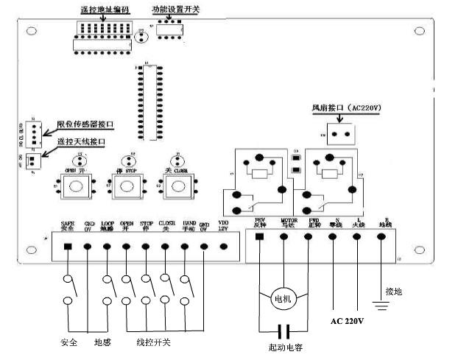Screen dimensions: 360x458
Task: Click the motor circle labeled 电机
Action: [x=283, y=300]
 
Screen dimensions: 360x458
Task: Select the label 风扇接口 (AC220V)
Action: [x=345, y=108]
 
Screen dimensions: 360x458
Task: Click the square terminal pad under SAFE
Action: [x=68, y=246]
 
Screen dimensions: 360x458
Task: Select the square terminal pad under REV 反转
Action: [x=259, y=236]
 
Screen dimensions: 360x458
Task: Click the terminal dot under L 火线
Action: [x=357, y=236]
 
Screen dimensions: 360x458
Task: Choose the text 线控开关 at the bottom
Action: [x=153, y=343]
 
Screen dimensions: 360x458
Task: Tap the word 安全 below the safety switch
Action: [x=68, y=343]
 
